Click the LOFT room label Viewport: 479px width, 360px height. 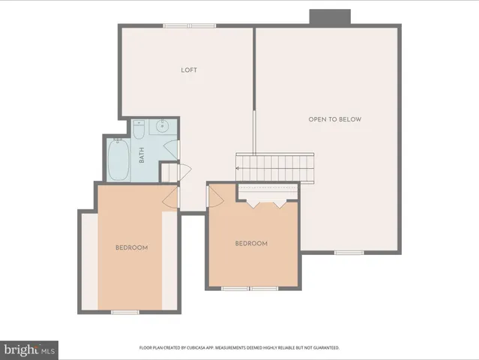coord(189,70)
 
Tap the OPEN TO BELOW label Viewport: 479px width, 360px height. coord(334,119)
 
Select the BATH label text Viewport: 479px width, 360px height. coord(141,155)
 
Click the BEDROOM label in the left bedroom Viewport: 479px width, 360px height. coord(131,248)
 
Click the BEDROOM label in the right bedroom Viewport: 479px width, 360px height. coord(251,243)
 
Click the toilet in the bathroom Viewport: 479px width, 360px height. coord(139,130)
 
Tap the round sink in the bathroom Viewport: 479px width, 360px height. coord(163,127)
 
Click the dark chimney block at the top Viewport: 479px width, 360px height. coord(330,17)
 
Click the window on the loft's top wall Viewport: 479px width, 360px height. coord(186,26)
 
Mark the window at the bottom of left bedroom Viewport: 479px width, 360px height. coord(125,311)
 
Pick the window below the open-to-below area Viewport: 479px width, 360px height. coord(349,253)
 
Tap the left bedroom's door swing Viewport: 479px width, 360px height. coord(171,196)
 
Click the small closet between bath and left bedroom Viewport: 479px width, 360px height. coord(171,172)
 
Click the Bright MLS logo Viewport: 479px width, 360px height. coord(29,349)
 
